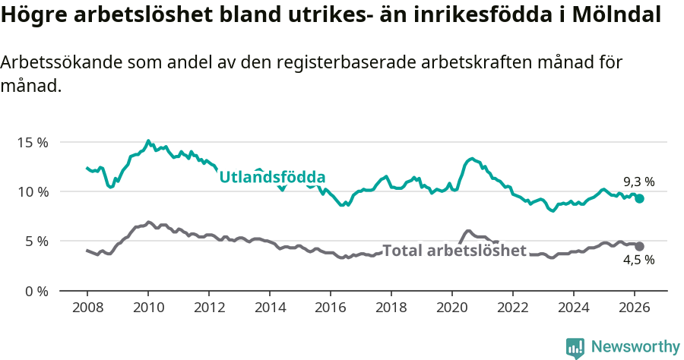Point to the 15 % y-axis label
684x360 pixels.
[x=33, y=142]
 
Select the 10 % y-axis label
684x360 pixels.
[x=33, y=191]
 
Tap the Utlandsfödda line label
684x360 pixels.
[x=272, y=178]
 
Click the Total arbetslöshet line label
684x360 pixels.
[x=454, y=251]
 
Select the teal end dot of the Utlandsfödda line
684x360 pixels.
[x=640, y=198]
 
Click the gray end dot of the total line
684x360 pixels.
[x=640, y=246]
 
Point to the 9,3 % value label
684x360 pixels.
[x=638, y=182]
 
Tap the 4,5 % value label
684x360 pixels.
[x=638, y=261]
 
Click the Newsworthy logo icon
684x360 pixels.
[x=575, y=348]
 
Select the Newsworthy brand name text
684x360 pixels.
[x=635, y=347]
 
